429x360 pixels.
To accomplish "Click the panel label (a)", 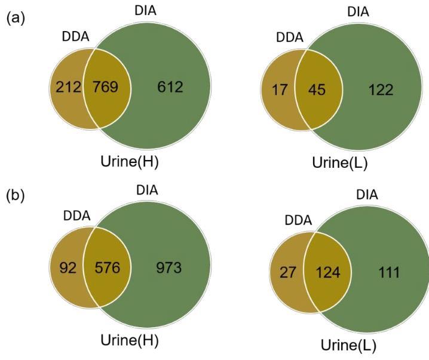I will pyautogui.click(x=15, y=19).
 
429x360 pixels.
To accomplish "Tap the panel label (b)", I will pyautogui.click(x=15, y=196).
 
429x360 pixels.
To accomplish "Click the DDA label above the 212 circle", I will pyautogui.click(x=75, y=37).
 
